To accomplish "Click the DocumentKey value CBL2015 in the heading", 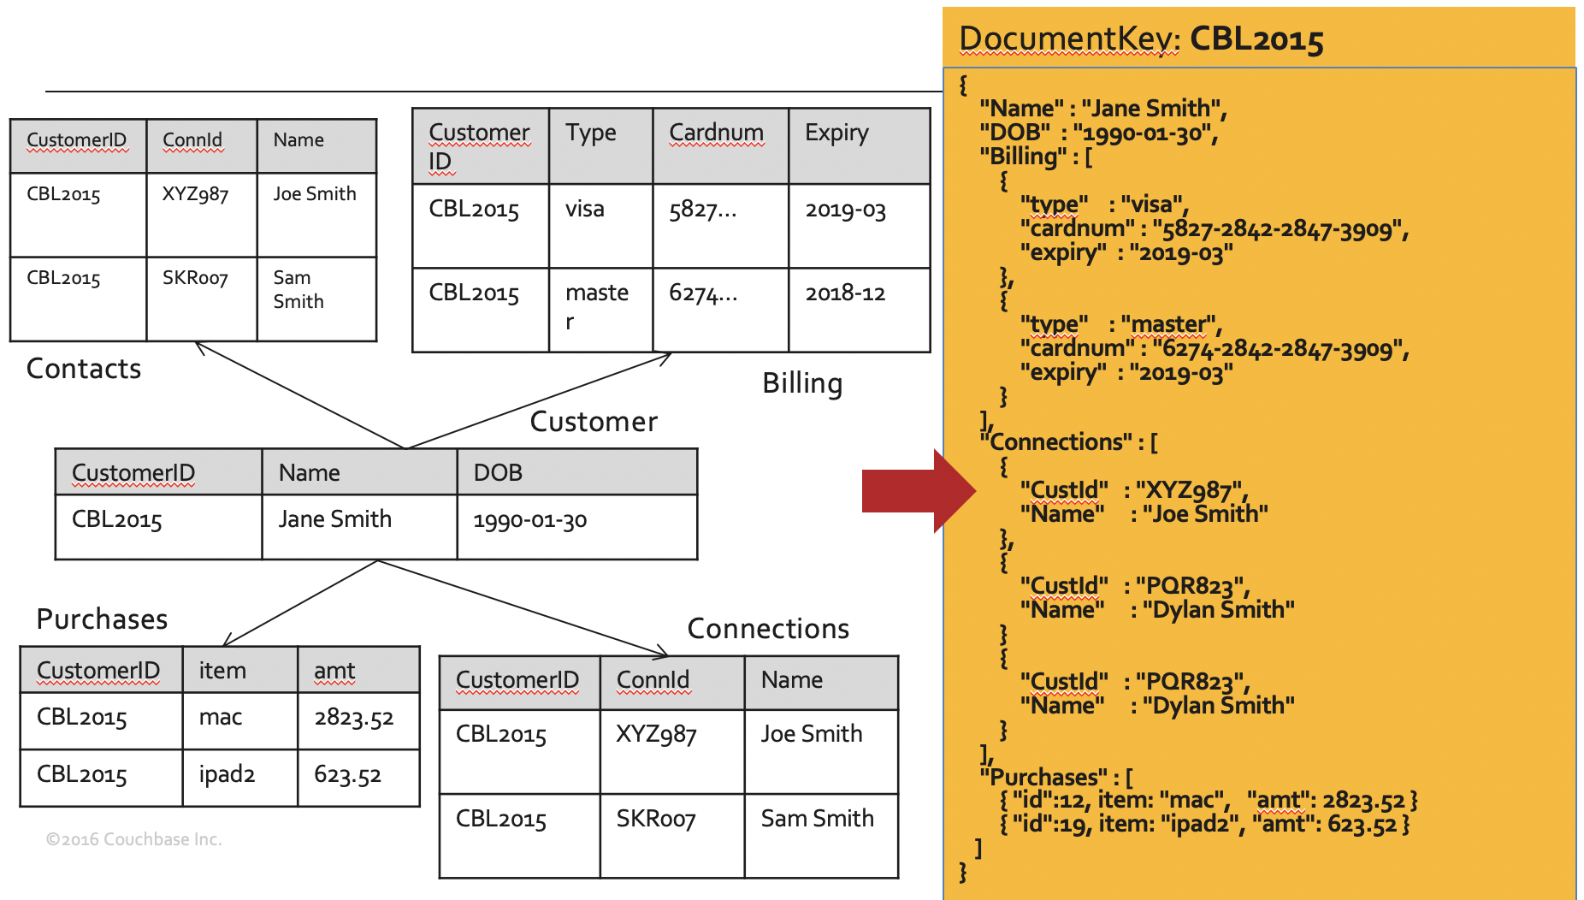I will [x=1256, y=39].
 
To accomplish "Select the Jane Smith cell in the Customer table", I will [x=334, y=519].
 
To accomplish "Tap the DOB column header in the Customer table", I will [x=498, y=472].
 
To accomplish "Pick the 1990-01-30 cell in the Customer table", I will [x=529, y=520].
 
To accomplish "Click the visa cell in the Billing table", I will [x=585, y=209].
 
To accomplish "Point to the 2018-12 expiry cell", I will [x=845, y=293].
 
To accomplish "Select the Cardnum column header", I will [x=716, y=133].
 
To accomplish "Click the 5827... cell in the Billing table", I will [x=702, y=210].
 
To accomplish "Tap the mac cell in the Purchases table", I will [x=221, y=717].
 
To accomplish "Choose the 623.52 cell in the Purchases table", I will [x=347, y=775].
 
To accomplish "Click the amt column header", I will [x=334, y=671].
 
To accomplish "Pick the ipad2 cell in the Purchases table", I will [x=227, y=774].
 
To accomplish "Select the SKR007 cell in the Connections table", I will [x=656, y=819].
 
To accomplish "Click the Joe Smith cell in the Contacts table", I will [x=315, y=194].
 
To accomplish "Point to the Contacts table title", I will [x=84, y=369].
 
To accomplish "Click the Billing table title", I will [x=802, y=383].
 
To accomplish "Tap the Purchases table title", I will [x=102, y=619].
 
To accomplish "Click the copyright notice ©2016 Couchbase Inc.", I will [x=134, y=839].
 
